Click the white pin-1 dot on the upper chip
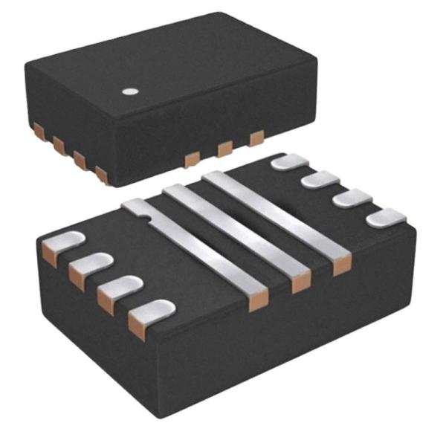pos(131,92)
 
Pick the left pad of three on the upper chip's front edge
pos(192,158)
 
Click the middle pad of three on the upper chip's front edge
pos(224,149)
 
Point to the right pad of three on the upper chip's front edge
pos(256,138)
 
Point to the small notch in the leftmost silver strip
pos(149,217)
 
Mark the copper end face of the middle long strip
pos(301,283)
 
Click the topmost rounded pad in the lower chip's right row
pos(290,161)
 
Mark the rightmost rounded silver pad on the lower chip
pos(387,218)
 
